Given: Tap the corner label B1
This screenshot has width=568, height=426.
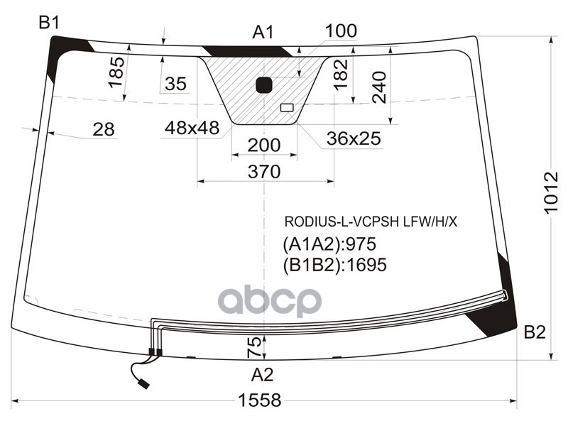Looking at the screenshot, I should point(48,23).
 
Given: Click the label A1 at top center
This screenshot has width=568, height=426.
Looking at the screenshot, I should point(263,32).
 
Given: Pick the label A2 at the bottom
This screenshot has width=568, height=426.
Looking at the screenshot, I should point(262,374).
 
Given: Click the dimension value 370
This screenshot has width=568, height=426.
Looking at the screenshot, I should point(264,171).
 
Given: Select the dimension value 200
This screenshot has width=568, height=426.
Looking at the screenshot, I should point(264,146).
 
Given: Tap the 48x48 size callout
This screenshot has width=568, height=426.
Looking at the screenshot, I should point(192,129).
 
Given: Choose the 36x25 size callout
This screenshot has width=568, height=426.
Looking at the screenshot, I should point(354,139).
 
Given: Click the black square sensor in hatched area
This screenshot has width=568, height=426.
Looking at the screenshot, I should point(264,85).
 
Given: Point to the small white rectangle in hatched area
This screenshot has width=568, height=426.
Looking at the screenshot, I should point(287,108).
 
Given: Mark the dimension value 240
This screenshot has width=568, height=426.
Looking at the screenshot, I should point(379,87).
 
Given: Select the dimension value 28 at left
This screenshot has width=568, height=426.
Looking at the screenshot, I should point(104,129).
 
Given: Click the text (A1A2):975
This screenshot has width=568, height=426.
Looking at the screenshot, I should point(329,245).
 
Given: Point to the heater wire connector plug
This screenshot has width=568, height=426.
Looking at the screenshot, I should point(144,384).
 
